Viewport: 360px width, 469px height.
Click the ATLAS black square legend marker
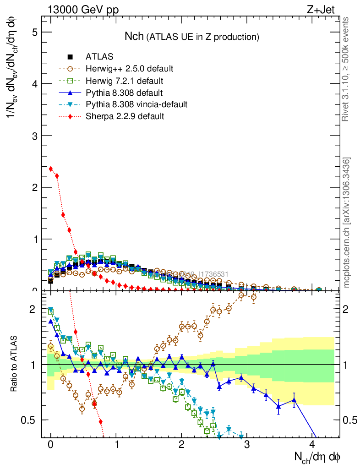pos(70,57)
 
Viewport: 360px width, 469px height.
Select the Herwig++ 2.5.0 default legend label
pos(129,69)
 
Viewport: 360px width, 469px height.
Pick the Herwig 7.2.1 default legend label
pos(124,81)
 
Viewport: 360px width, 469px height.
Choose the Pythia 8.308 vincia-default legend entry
pos(136,105)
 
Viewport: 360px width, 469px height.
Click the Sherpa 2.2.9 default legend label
pos(125,116)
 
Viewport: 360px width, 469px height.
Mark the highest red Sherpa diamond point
pos(51,169)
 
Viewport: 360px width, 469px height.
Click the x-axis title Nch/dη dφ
pos(317,457)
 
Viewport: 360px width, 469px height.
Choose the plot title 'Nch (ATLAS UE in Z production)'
pos(192,36)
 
